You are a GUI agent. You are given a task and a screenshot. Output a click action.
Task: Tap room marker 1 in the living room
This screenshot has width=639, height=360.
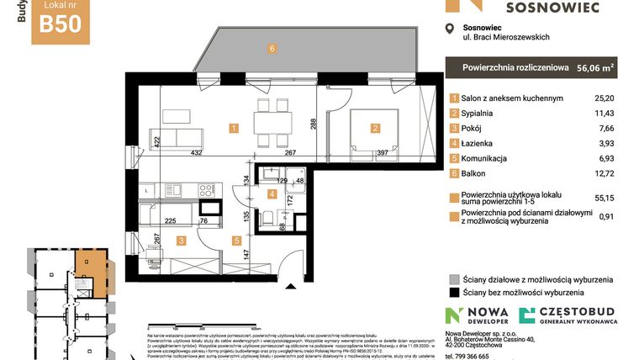tap(234, 129)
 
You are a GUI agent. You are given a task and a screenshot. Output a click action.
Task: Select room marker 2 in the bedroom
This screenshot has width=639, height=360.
tap(375, 129)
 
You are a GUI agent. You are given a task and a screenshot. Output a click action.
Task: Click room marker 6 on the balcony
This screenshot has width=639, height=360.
tap(272, 49)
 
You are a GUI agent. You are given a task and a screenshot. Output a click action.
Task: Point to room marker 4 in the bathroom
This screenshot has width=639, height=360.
tap(271, 194)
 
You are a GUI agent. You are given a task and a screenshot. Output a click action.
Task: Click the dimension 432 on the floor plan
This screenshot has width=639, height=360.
tap(195, 153)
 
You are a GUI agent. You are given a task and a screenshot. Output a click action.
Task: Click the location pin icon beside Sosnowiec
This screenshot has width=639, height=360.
tap(451, 29)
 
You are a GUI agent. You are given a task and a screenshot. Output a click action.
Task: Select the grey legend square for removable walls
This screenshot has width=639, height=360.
tap(453, 280)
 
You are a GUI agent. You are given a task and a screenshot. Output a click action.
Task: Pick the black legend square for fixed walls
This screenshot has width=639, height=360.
tap(453, 294)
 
